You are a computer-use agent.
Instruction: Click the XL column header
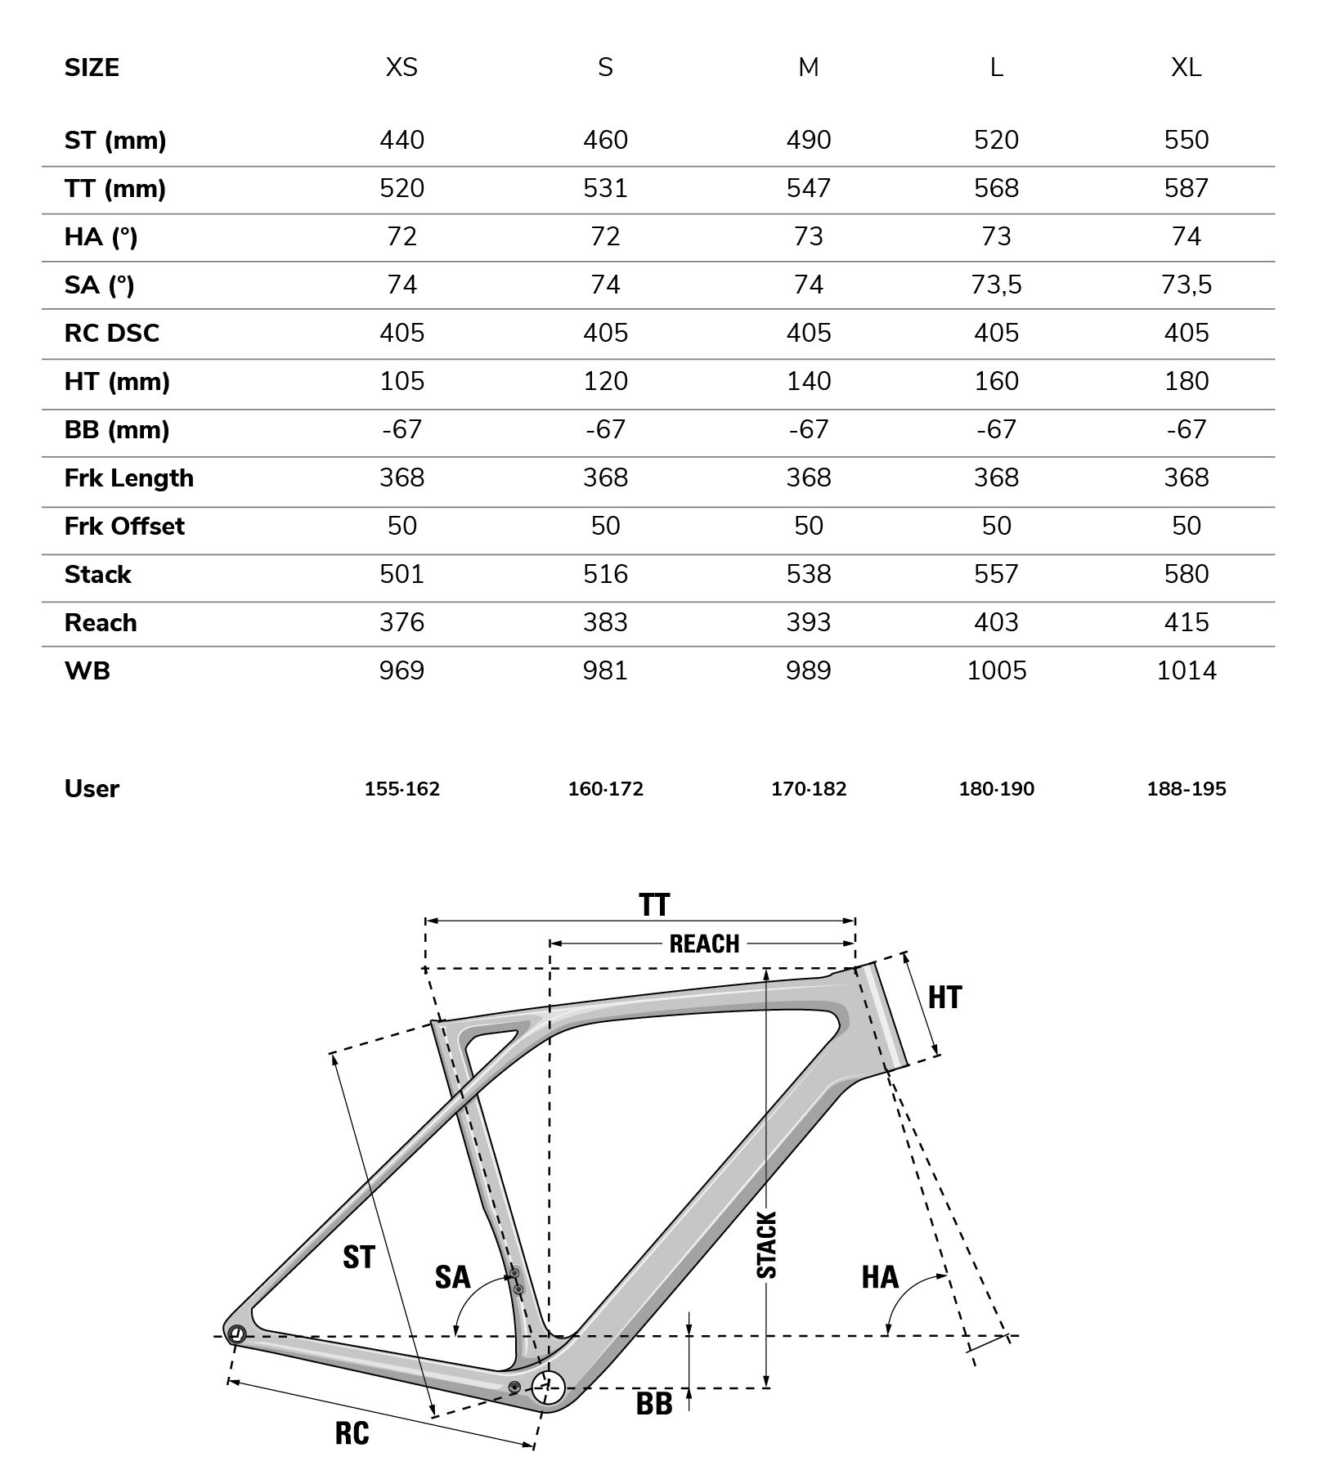(x=1186, y=67)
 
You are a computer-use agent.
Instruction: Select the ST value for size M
(x=808, y=140)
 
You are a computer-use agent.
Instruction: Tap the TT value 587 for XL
(x=1186, y=188)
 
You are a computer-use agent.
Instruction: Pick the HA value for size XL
(x=1186, y=236)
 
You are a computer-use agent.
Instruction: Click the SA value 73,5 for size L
(x=996, y=285)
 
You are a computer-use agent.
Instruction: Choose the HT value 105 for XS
(x=402, y=381)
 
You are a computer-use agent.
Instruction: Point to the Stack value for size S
(x=605, y=574)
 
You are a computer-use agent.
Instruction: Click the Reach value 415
(x=1186, y=622)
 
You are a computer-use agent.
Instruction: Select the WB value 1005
(x=996, y=670)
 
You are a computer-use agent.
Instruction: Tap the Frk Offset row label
(x=124, y=526)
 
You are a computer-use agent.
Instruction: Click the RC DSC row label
(x=112, y=333)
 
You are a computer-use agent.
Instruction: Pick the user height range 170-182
(x=808, y=789)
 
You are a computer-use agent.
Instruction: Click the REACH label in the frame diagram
(x=704, y=944)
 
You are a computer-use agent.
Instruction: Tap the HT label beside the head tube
(x=944, y=997)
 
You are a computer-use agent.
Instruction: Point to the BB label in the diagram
(x=653, y=1405)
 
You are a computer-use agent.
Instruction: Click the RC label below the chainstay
(x=352, y=1433)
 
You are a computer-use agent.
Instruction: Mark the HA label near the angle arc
(x=879, y=1277)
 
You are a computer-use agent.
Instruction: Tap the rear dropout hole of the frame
(x=236, y=1335)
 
